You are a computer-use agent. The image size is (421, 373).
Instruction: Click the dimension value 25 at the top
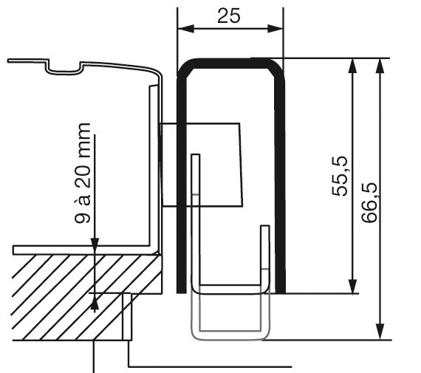(x=229, y=16)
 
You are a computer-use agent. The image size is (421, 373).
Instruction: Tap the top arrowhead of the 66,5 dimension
(x=380, y=65)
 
